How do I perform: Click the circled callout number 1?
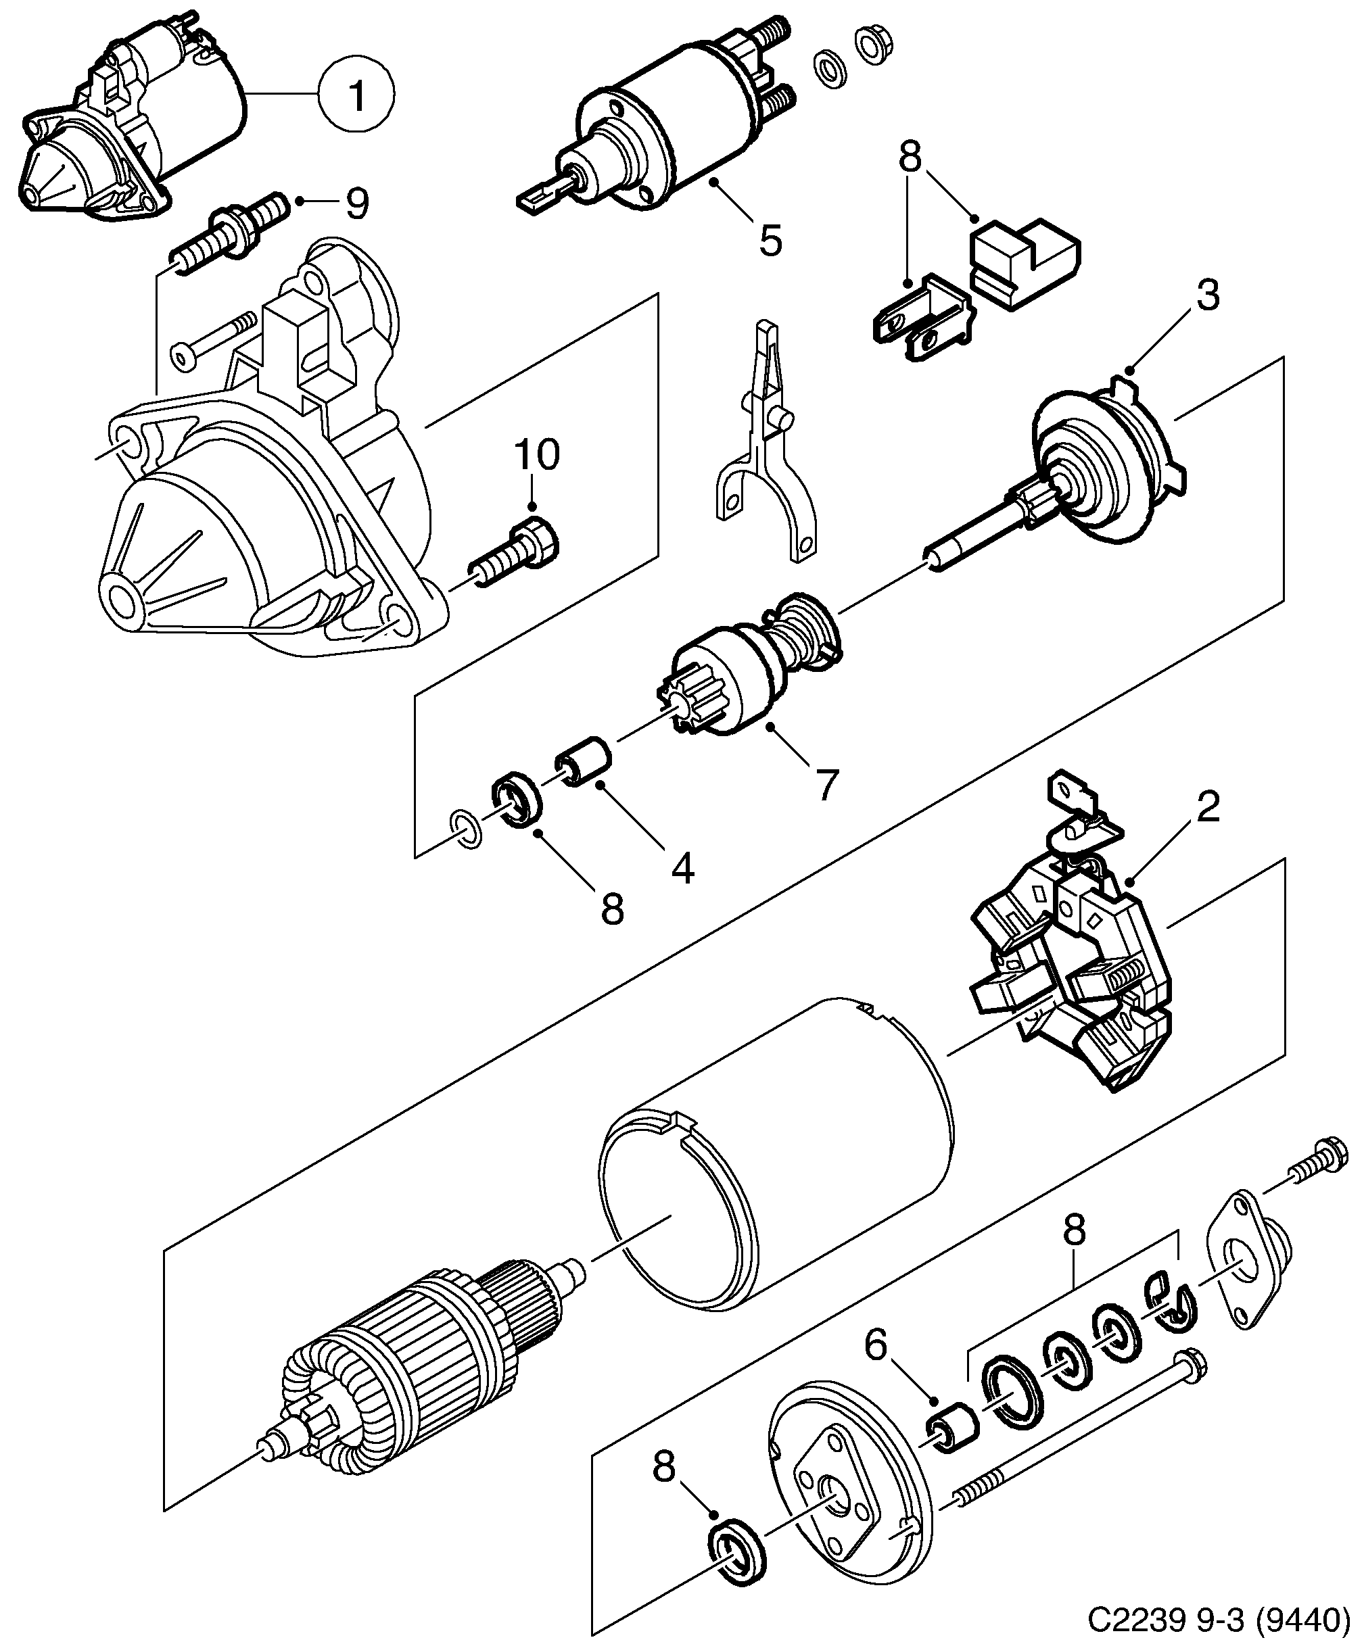coord(356,95)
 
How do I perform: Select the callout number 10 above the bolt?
coord(536,455)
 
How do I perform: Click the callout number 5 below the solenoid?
coord(770,240)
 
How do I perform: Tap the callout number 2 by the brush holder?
coord(1208,808)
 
